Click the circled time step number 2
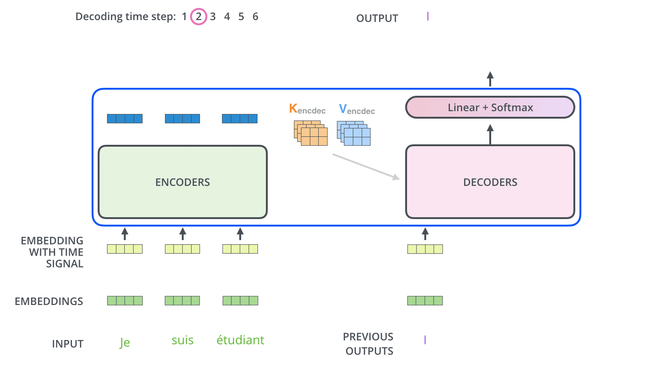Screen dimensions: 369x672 [x=199, y=17]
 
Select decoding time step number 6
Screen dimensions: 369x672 [x=255, y=17]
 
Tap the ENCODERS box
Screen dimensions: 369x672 [x=182, y=182]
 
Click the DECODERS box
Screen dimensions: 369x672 [x=490, y=182]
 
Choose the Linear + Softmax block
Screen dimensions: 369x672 [x=490, y=107]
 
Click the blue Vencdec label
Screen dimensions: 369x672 [x=357, y=110]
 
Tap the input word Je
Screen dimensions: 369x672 [x=124, y=342]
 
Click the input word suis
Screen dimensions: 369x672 [x=182, y=340]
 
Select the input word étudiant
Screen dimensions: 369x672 [x=240, y=340]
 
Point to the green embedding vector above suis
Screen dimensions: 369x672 [x=182, y=300]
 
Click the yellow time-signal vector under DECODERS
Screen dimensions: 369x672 [x=425, y=249]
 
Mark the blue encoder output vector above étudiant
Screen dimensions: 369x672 [x=240, y=119]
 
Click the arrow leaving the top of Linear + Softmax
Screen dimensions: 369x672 [x=490, y=79]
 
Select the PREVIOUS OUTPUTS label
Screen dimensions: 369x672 [x=369, y=344]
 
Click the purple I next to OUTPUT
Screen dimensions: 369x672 [x=428, y=17]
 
